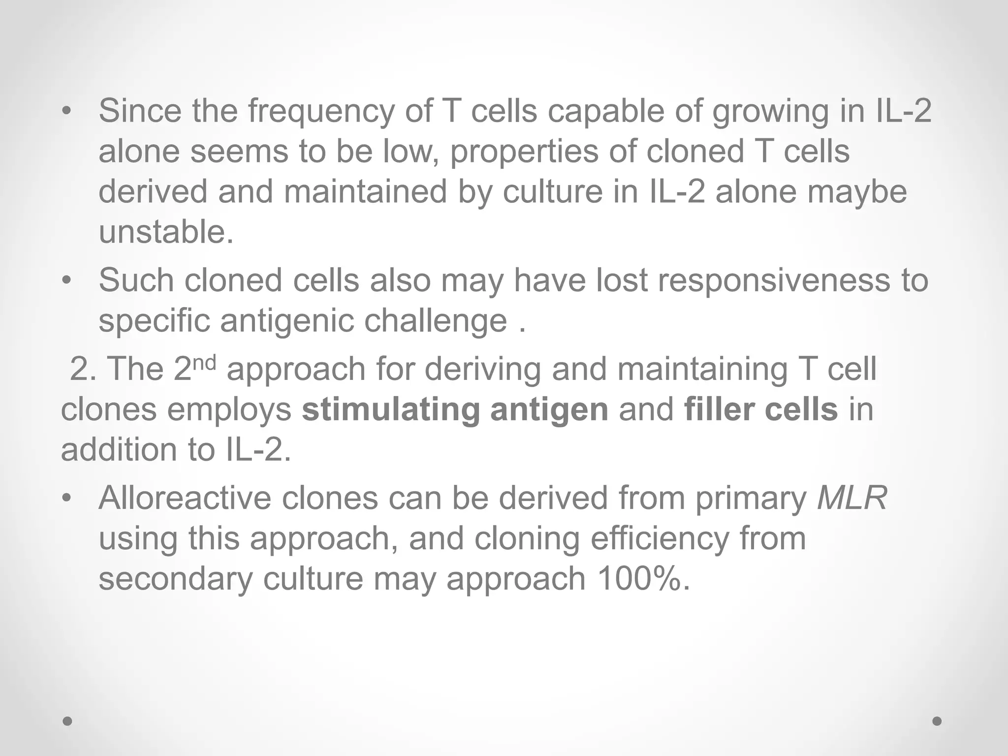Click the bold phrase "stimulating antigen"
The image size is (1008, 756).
coord(455,409)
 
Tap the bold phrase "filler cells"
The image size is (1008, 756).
coord(760,409)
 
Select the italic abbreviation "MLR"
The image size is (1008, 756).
coord(851,498)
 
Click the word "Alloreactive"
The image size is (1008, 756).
coord(185,498)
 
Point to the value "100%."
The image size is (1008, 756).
coord(644,579)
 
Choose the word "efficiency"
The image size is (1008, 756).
coord(659,538)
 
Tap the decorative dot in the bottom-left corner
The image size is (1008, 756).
coord(68,721)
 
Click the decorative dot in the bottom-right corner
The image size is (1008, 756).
coord(937,721)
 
